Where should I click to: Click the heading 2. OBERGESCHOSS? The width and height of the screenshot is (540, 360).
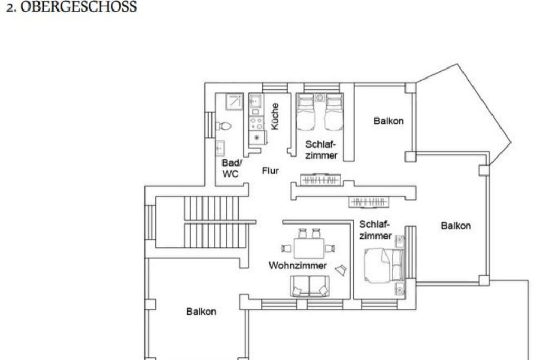(71, 6)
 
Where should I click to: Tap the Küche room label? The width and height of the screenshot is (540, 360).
(274, 116)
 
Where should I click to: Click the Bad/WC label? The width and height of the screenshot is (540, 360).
(231, 168)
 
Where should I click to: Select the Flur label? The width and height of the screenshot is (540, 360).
(271, 171)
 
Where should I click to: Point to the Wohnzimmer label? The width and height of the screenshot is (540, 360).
(298, 266)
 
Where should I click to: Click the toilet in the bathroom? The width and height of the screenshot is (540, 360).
(223, 126)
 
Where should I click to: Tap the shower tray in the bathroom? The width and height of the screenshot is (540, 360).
(235, 102)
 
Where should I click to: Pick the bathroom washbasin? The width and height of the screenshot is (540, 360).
(220, 148)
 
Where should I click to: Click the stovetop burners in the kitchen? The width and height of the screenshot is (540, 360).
(256, 123)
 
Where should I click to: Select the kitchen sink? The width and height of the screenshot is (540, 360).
(255, 101)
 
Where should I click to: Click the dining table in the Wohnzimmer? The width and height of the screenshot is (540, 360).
(309, 248)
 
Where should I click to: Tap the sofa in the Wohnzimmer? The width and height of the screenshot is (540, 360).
(309, 286)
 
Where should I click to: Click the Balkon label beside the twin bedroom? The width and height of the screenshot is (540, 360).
(389, 121)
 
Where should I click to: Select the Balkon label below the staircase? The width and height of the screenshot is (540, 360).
(201, 312)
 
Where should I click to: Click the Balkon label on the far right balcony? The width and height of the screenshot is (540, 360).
(456, 226)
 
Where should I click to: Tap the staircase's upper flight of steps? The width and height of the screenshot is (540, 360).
(211, 208)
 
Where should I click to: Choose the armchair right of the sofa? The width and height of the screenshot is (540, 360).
(341, 270)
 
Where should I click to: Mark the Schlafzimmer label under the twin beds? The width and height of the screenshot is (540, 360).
(321, 150)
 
